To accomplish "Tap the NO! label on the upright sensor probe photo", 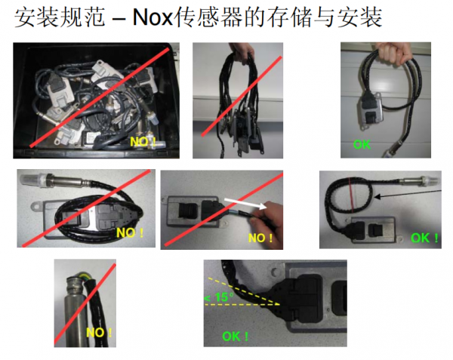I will point(98,332).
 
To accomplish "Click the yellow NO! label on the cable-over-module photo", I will point(129,232).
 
